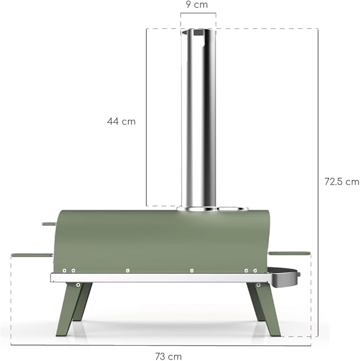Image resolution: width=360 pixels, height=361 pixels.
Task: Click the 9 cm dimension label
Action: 197,5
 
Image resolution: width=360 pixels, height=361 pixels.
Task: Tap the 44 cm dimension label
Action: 121,121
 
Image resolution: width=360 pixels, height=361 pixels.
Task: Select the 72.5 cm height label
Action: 342,182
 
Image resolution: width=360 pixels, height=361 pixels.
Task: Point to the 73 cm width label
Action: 169,356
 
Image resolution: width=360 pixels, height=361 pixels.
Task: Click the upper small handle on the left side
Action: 49,224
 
